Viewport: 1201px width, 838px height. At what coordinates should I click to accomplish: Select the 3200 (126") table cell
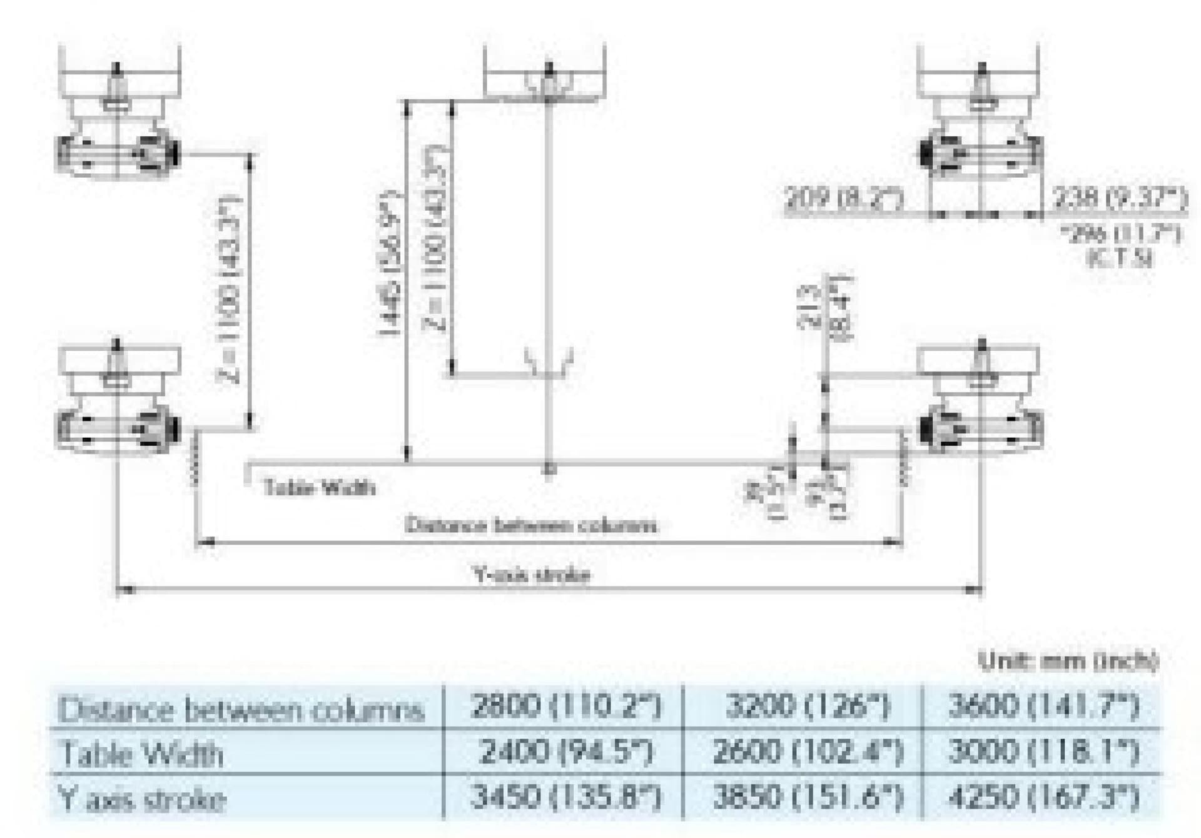tap(807, 707)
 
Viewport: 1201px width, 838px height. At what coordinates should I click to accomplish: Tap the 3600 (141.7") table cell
tap(1043, 707)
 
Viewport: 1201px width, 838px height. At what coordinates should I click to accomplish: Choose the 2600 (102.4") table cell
tap(807, 752)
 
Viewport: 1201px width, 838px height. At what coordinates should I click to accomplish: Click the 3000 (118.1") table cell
tap(1043, 752)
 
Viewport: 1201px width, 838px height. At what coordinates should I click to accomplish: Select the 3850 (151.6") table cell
tap(807, 797)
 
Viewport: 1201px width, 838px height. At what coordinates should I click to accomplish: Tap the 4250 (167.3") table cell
tap(1043, 797)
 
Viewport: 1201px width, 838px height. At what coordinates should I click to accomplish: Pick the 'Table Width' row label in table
tap(141, 754)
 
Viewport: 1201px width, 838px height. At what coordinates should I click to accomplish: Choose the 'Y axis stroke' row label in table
tap(141, 799)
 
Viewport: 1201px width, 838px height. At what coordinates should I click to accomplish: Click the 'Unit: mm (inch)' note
tap(1068, 661)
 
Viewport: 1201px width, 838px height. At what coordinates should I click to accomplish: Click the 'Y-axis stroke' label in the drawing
tap(532, 574)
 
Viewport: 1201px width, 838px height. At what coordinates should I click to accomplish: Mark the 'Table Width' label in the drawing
tap(320, 487)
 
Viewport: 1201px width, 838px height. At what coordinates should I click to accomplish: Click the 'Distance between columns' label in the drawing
tap(532, 525)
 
